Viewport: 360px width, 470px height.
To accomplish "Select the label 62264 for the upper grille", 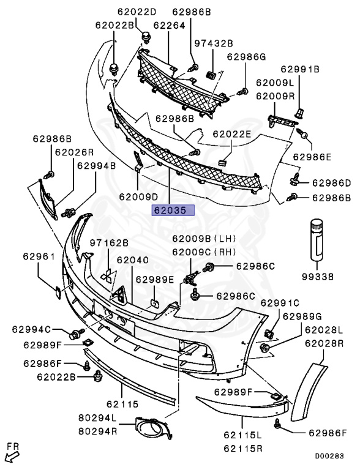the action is [x=169, y=26].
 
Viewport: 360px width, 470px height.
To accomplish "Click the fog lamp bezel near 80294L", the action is [x=154, y=428].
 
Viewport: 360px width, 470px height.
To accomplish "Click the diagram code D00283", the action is [x=329, y=456].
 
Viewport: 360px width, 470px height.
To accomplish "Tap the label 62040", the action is [x=132, y=260].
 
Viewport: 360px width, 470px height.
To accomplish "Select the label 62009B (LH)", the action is [x=204, y=239].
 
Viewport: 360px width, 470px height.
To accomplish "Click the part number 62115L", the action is [x=242, y=435].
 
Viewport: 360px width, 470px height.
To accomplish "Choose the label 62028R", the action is [x=324, y=343].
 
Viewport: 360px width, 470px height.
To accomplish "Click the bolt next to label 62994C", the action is [x=77, y=334].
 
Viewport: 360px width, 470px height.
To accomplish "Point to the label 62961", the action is [x=39, y=256].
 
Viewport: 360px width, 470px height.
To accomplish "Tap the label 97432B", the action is [x=214, y=43].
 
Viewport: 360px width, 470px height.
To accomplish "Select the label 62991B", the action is [x=300, y=69].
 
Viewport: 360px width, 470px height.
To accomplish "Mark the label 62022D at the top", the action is [x=137, y=12].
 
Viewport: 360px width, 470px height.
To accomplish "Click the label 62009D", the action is [x=138, y=196].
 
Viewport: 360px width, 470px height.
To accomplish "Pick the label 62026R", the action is [x=74, y=152].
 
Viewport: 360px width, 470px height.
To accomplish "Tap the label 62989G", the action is [x=302, y=316].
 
